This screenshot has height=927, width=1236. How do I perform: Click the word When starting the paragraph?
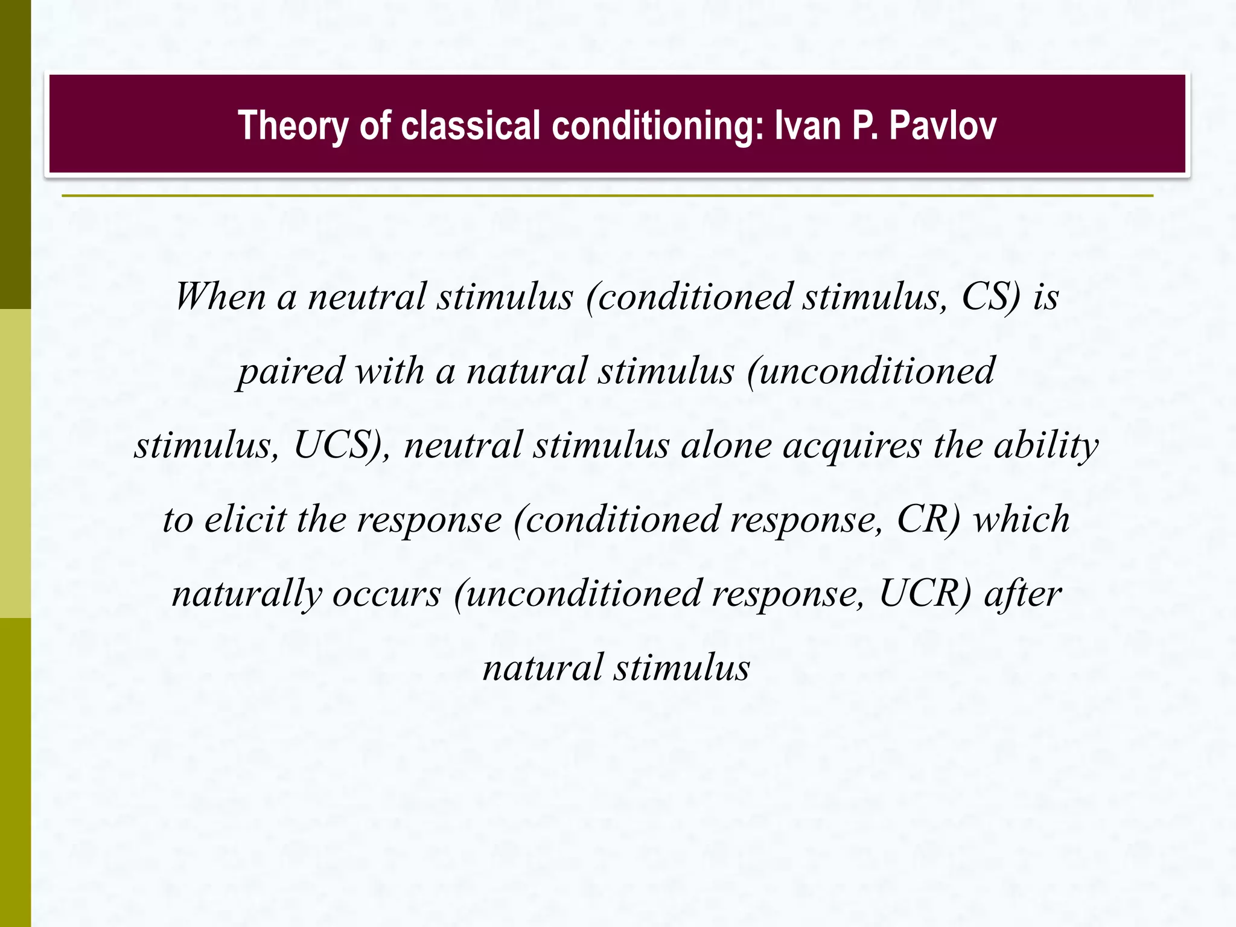[220, 297]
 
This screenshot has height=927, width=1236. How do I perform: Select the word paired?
[290, 371]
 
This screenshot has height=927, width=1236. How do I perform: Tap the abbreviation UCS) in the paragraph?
[342, 445]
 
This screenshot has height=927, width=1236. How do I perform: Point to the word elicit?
[244, 520]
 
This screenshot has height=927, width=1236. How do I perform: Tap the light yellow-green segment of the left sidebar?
[15, 463]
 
